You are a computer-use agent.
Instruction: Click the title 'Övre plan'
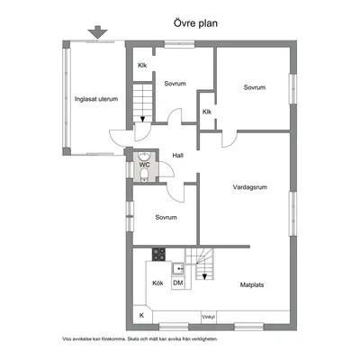point(195,23)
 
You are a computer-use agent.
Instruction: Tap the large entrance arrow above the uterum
point(98,32)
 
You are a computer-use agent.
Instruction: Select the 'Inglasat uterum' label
point(96,99)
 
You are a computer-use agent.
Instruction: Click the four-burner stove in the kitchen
point(158,255)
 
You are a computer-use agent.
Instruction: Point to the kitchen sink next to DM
point(177,268)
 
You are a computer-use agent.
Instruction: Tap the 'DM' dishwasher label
point(178,283)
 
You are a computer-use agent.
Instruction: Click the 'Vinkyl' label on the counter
point(208,317)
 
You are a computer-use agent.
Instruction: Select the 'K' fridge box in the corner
point(142,316)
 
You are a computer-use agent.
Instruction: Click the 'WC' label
point(144,165)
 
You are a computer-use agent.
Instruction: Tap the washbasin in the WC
point(144,157)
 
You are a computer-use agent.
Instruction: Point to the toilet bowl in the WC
point(144,175)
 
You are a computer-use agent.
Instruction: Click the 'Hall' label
point(178,156)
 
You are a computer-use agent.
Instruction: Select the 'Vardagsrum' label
point(250,187)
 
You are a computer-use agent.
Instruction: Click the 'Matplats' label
point(252,284)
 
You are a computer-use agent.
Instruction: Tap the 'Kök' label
point(157,283)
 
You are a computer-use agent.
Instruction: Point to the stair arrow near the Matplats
point(204,276)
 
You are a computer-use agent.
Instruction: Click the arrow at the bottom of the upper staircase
point(142,119)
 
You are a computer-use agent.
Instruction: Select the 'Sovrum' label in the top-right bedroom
point(255,87)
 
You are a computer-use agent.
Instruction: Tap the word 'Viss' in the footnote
point(67,339)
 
